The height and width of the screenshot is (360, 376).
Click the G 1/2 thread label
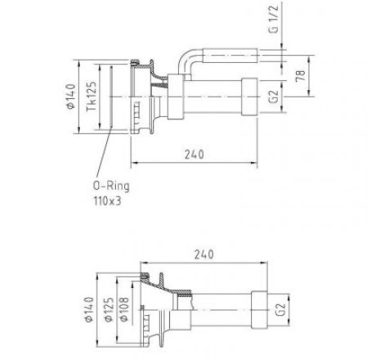point(274,19)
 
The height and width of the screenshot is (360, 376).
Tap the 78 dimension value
point(301,75)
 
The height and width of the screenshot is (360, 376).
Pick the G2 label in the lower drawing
point(281,309)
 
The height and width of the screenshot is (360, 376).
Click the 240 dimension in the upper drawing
point(195,155)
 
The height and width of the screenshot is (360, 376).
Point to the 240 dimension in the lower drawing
point(204,254)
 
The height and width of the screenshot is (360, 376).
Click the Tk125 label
point(92,96)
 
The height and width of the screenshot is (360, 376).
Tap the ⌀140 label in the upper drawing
point(71,97)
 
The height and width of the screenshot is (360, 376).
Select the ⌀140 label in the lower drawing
point(89,309)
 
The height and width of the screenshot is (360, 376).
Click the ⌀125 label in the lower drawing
point(109,309)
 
